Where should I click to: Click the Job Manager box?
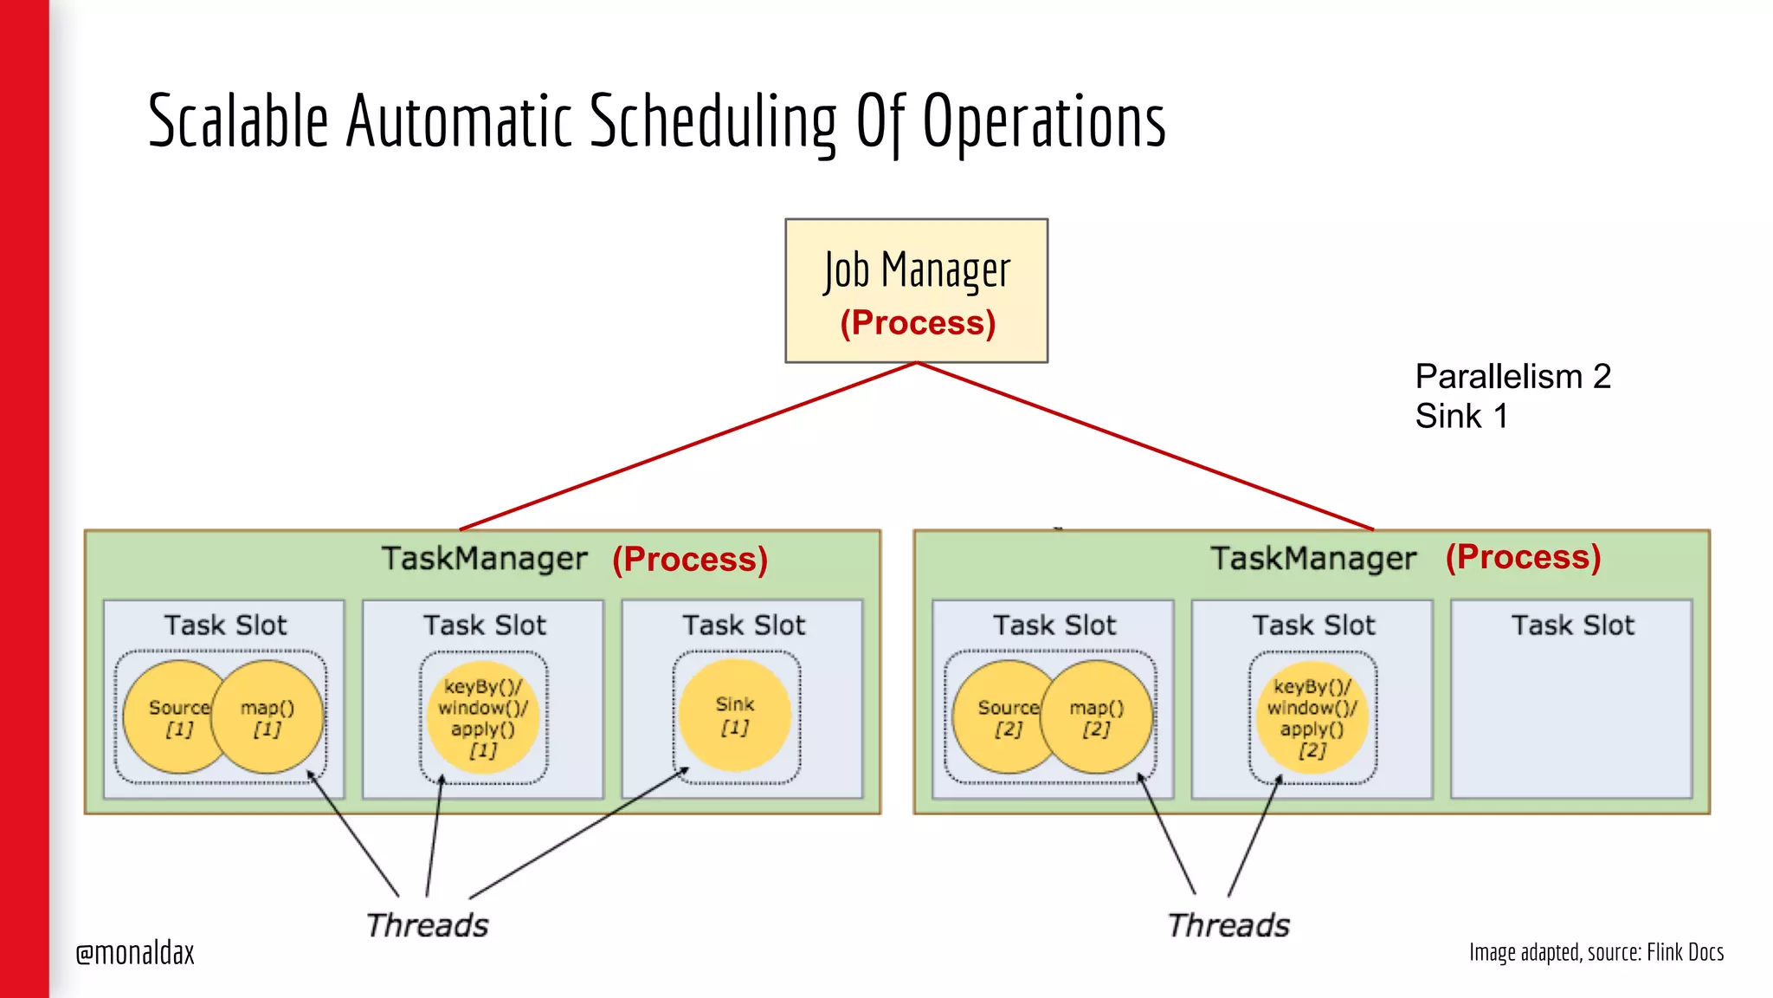pos(916,289)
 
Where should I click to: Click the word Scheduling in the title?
pos(713,121)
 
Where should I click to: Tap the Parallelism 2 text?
pos(1512,376)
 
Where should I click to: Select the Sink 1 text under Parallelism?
pos(1461,417)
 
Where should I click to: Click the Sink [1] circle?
pos(735,716)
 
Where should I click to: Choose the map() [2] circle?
pos(1097,717)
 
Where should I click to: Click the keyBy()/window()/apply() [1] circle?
pos(483,717)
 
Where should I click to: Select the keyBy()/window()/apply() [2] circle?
pos(1312,717)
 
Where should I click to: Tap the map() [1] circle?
pos(268,717)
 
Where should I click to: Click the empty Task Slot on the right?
pos(1571,710)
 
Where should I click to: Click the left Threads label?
pos(427,925)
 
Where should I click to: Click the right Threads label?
pos(1228,925)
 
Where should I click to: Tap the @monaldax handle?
pos(135,953)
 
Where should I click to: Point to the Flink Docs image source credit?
pos(1596,952)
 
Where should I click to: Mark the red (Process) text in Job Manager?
pos(918,323)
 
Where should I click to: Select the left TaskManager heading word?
pos(484,559)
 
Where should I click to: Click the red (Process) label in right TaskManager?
pos(1523,557)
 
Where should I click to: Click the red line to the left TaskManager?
pos(688,446)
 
